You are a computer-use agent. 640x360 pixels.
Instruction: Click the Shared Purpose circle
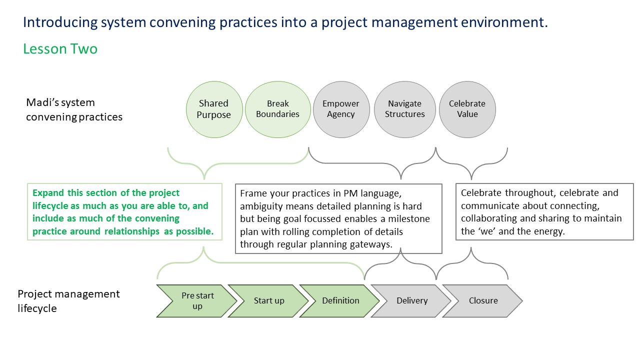tap(214, 109)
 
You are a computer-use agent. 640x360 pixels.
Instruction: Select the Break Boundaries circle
tap(277, 109)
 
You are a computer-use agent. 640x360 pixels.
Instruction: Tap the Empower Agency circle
tap(341, 109)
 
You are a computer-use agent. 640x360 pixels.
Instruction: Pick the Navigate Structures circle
tap(405, 109)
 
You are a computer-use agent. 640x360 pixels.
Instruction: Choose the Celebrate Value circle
tap(467, 109)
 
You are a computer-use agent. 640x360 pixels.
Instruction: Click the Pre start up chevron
tap(197, 301)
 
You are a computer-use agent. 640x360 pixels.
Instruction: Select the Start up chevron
tap(268, 301)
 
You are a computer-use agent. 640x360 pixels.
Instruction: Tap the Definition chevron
tap(340, 301)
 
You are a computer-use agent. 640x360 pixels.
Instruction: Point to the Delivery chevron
tap(411, 301)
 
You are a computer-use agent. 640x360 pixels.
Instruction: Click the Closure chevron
tap(483, 301)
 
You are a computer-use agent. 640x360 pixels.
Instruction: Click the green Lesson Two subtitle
tap(60, 49)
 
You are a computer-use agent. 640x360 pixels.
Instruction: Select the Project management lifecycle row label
tap(68, 301)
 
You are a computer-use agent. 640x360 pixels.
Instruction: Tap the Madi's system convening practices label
tap(74, 109)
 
